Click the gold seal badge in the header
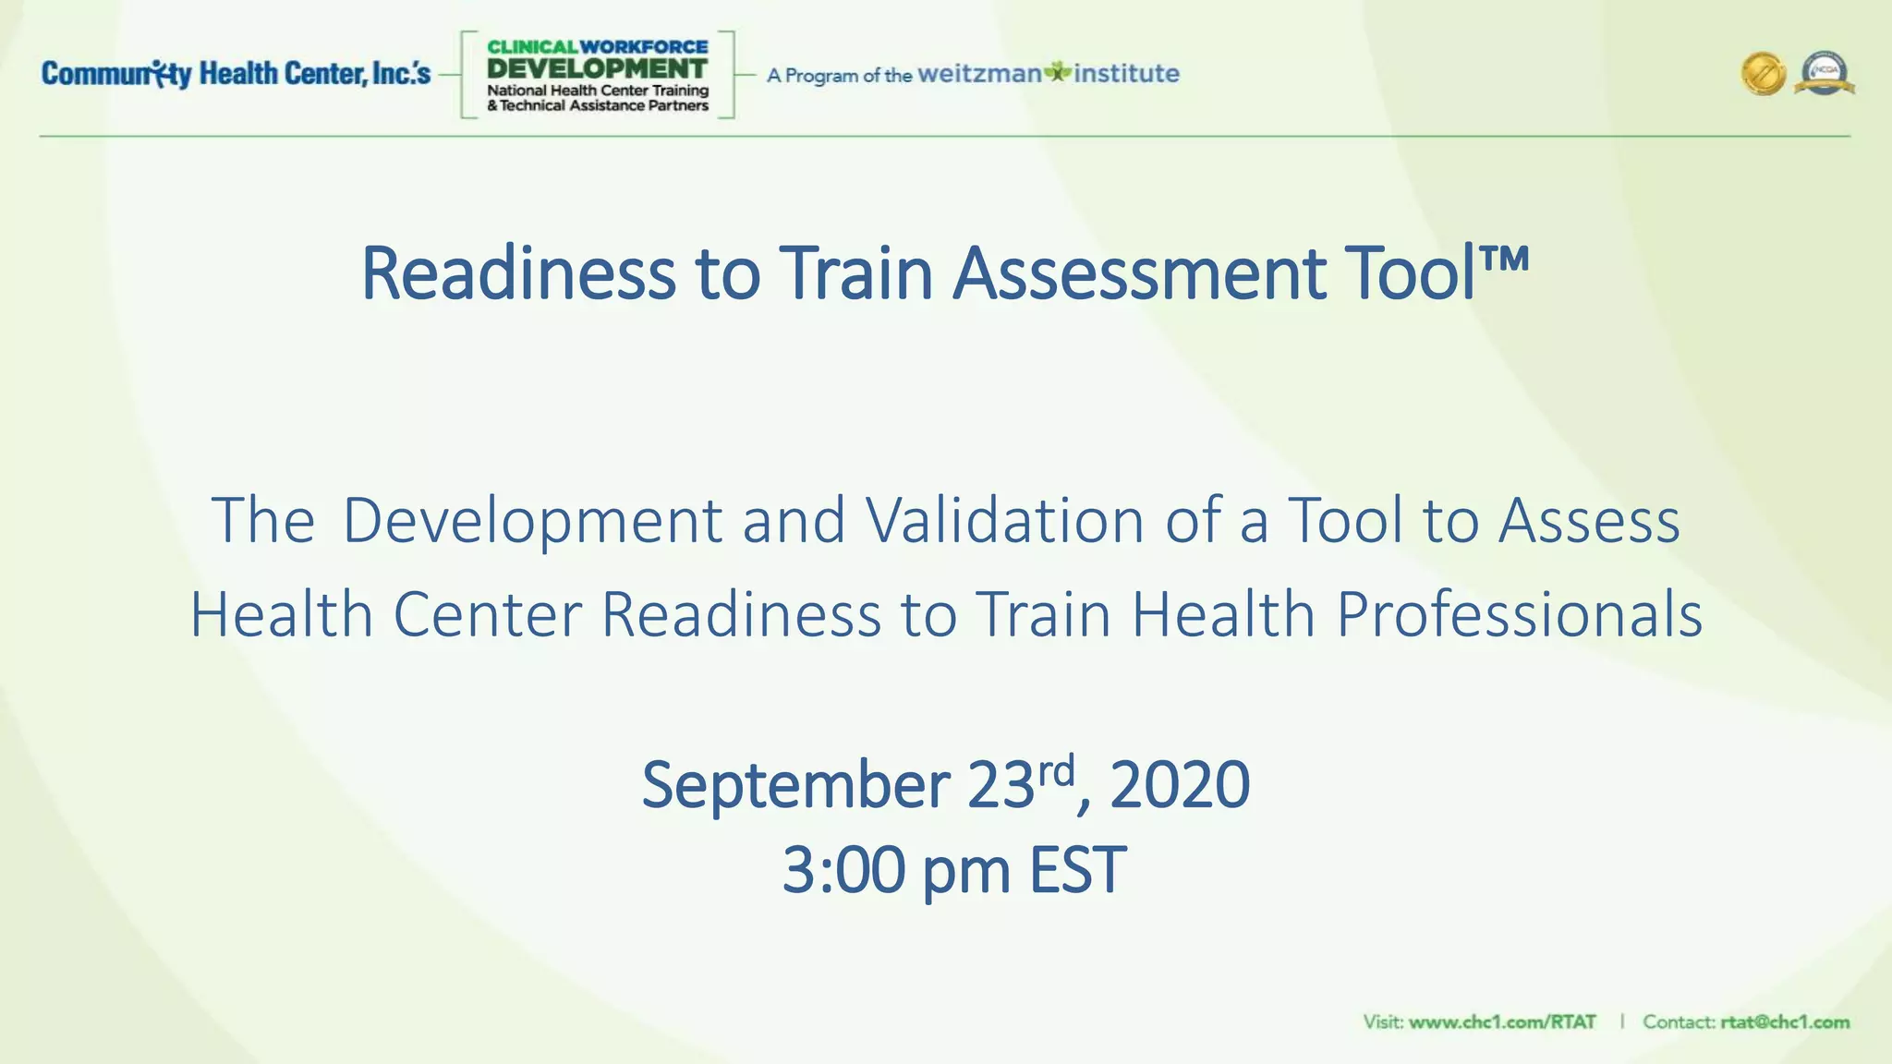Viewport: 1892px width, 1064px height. (1763, 74)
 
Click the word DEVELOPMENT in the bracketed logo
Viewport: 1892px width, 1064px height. (597, 68)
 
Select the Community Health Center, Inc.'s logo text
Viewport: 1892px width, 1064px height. (236, 74)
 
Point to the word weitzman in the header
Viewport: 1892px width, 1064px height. (979, 74)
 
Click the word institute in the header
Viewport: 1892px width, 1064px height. (1126, 74)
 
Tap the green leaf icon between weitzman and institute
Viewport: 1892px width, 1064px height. (1058, 72)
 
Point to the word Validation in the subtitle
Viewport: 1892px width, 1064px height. (1005, 520)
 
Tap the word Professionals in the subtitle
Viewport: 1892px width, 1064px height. (1519, 614)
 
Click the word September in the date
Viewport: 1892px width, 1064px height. (795, 785)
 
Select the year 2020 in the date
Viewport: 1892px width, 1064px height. (1180, 785)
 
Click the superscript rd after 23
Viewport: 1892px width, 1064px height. (1056, 769)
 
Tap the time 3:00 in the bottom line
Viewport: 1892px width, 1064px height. (843, 870)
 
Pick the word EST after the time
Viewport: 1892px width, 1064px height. (1077, 870)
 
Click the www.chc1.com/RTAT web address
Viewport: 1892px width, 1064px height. (1502, 1022)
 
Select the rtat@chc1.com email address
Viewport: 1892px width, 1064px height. (1785, 1022)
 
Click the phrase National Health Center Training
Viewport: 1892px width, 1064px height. (597, 91)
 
